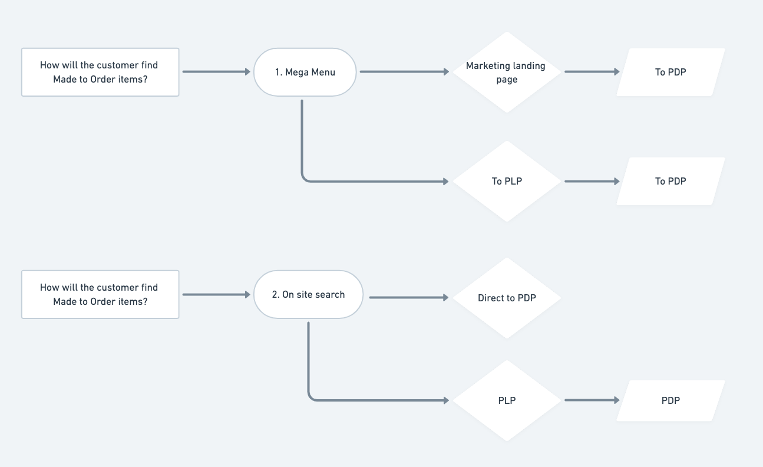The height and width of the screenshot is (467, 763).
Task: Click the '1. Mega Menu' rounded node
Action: click(x=305, y=72)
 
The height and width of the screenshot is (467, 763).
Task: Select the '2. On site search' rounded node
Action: click(x=308, y=294)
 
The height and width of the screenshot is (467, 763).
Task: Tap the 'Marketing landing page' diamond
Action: click(x=506, y=72)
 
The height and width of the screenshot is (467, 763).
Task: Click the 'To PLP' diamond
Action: click(x=506, y=181)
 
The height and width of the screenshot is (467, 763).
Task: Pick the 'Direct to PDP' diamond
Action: click(x=506, y=298)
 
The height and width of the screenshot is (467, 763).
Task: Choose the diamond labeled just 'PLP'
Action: click(x=506, y=400)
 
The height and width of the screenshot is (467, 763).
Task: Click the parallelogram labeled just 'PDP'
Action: click(x=670, y=400)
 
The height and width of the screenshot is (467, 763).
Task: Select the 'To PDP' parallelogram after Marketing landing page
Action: click(x=670, y=72)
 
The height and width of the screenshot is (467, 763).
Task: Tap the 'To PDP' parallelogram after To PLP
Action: click(x=670, y=181)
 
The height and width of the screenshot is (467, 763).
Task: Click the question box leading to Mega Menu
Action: click(x=100, y=72)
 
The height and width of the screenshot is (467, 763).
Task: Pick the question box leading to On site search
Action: click(x=100, y=294)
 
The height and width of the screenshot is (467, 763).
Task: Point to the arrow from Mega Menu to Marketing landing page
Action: click(x=404, y=71)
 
